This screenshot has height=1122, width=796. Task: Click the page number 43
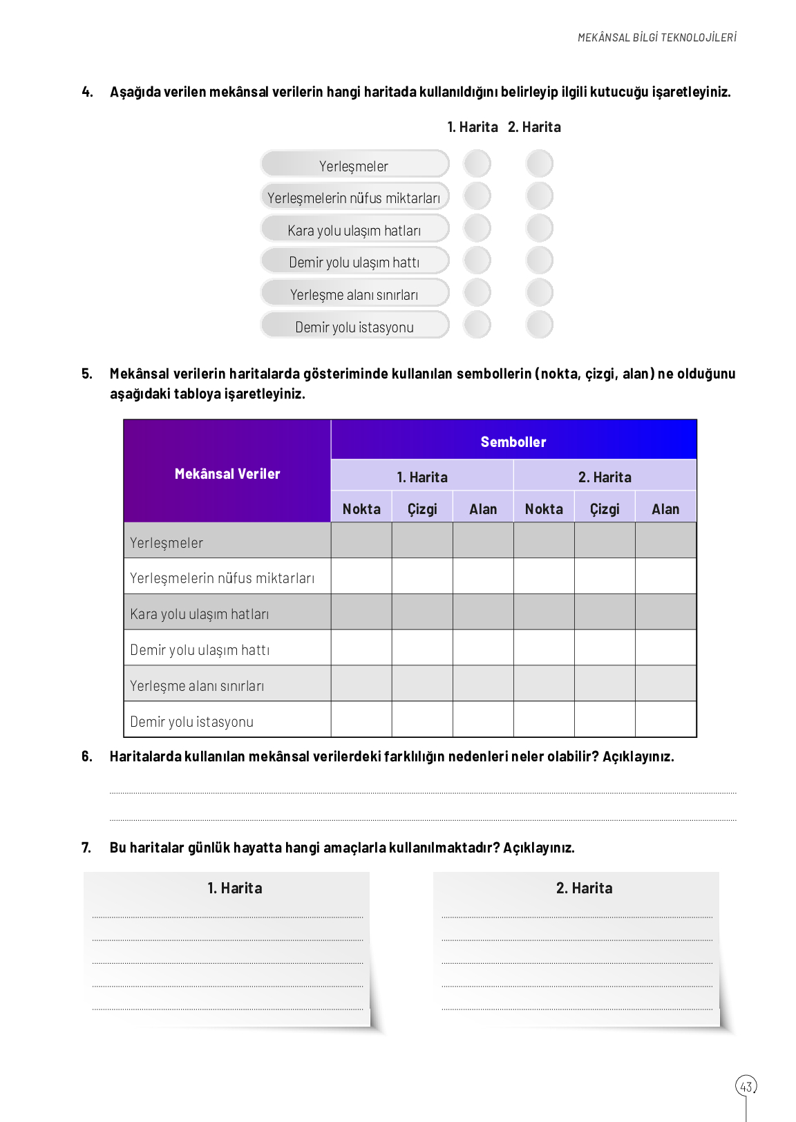pos(746,1086)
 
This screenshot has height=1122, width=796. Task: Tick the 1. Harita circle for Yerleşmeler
pos(477,164)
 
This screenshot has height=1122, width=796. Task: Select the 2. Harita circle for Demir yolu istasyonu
pos(539,325)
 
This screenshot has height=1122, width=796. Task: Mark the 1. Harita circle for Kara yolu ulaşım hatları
pos(477,229)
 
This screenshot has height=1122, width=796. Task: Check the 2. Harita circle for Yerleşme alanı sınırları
pos(539,293)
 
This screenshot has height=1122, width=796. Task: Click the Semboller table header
pos(513,441)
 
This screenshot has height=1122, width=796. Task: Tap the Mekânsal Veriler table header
pos(227,473)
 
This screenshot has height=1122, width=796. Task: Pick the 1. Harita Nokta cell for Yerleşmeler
pos(361,540)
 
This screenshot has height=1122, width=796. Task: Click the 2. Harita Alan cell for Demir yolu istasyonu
pos(665,719)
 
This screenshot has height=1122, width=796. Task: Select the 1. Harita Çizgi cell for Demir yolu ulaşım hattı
pos(422,647)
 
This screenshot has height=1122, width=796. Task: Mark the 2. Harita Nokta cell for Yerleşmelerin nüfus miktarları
pos(544,576)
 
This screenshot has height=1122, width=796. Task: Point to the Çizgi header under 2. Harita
pos(605,509)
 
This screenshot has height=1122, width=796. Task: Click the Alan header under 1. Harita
pos(483,509)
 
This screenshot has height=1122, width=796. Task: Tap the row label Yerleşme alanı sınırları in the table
pos(197,686)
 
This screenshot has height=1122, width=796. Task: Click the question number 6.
pos(86,757)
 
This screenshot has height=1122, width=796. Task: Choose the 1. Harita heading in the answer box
pos(235,888)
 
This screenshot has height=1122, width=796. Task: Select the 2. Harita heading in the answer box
pos(584,888)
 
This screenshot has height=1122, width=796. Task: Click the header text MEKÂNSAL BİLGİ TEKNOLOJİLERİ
pos(657,37)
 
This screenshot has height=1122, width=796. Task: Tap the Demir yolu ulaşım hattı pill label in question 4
pos(354,263)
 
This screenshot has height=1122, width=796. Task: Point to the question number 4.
pos(87,92)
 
